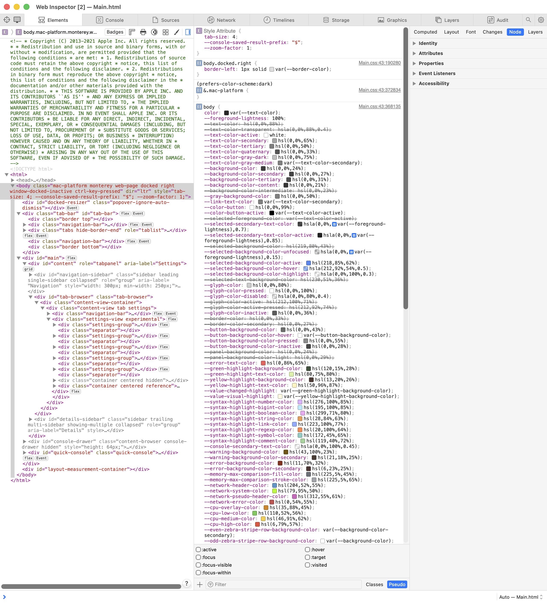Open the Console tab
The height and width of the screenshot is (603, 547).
[110, 20]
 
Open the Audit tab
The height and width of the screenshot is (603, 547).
[498, 20]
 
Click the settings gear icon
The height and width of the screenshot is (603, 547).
[541, 20]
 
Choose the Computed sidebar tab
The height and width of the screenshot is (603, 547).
[425, 32]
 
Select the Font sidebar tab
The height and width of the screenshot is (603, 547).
[471, 32]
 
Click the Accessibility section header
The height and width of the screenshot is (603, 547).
[434, 83]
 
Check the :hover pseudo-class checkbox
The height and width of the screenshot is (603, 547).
[307, 550]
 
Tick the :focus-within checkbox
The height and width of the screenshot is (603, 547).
[198, 572]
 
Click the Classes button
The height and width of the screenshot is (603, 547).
[374, 584]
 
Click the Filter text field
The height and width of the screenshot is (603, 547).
[284, 584]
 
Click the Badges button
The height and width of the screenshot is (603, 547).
[115, 32]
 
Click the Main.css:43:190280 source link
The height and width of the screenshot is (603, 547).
[380, 63]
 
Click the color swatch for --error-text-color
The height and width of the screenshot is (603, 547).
[263, 363]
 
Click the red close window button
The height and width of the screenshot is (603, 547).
[7, 7]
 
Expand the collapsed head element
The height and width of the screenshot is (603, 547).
[13, 180]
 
